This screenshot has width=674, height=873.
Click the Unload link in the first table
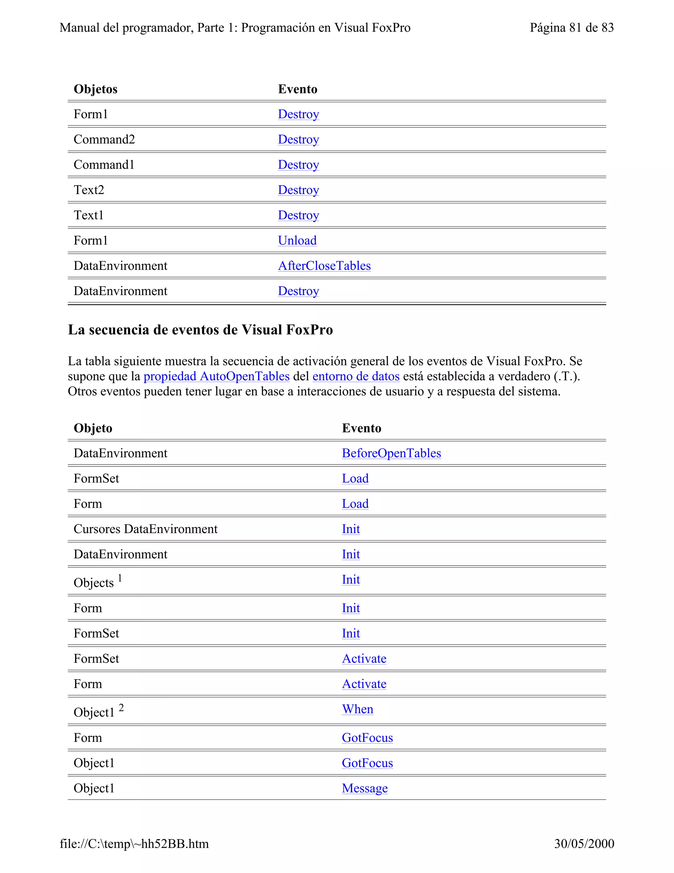coord(297,240)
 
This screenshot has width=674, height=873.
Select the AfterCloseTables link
coord(324,266)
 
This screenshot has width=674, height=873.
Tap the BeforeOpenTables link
coord(391,453)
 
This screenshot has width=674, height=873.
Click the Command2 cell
coord(104,139)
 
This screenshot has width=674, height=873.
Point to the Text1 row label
coord(89,215)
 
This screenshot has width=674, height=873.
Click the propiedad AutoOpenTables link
coord(217,376)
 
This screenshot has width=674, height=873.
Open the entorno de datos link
coord(356,376)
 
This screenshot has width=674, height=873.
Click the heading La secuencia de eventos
coord(200,330)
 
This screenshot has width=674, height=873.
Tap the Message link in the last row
coord(365,788)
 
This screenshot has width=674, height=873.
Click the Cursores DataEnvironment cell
coord(145,529)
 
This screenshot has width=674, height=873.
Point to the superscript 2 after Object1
coord(121,708)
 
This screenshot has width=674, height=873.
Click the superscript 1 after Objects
coord(120,578)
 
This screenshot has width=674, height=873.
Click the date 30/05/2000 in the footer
coord(584,843)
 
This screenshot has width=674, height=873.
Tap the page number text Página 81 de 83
coord(571,28)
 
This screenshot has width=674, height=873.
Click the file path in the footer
coord(134,843)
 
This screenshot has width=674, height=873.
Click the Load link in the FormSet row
coord(355,478)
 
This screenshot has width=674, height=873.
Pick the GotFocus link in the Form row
coord(367,738)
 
